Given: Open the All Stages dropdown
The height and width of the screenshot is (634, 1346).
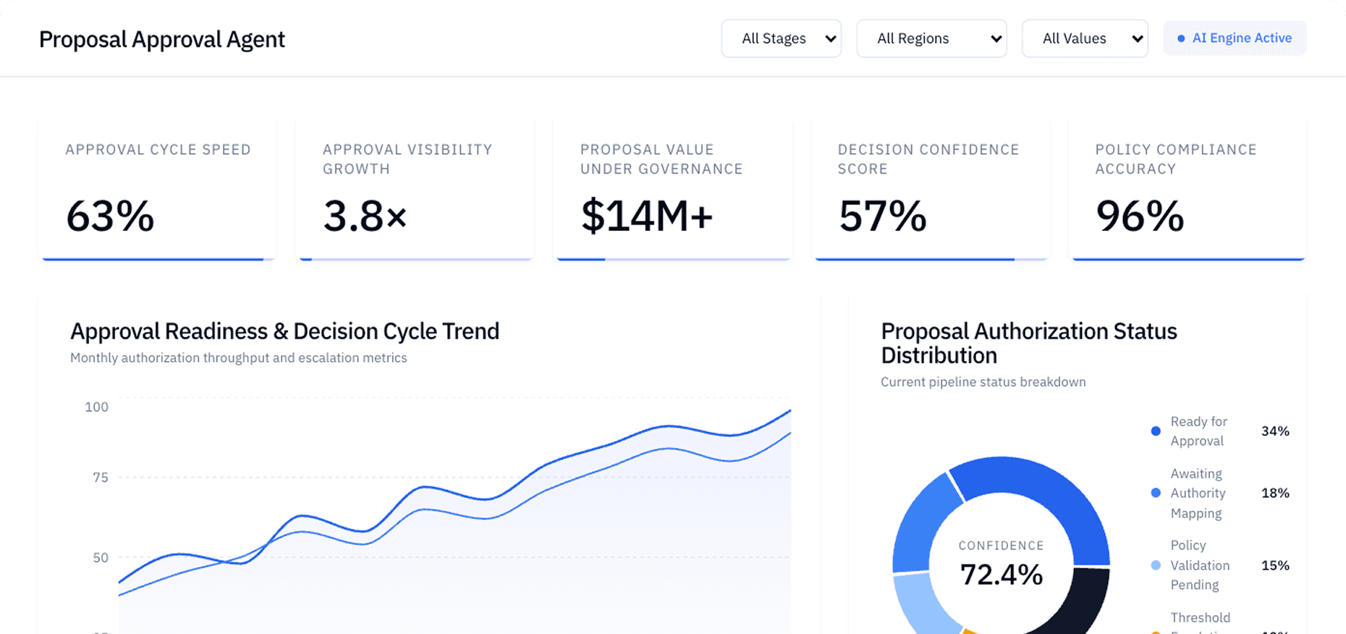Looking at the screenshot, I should click(781, 38).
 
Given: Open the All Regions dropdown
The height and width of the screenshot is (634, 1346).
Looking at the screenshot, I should click(931, 38).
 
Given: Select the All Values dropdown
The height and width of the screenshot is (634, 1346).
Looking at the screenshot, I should click(1085, 38).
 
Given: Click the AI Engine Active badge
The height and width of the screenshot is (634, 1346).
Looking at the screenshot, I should click(1235, 38).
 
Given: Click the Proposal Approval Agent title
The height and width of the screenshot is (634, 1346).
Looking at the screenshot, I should click(162, 39).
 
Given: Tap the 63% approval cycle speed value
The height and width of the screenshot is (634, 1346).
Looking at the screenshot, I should click(110, 216).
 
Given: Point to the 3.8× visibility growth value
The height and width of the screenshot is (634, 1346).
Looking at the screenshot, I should click(365, 216).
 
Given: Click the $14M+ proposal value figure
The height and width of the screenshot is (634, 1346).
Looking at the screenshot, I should click(646, 216).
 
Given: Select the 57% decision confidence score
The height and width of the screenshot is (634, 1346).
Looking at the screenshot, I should click(882, 216).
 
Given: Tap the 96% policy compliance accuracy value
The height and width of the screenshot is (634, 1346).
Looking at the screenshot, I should click(1140, 216).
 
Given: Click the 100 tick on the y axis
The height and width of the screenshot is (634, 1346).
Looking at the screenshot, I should click(96, 407).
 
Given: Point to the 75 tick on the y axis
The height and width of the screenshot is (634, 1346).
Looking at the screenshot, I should click(100, 477).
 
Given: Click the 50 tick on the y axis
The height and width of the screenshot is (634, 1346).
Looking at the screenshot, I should click(100, 557).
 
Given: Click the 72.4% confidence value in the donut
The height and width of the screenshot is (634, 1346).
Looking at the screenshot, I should click(1001, 575).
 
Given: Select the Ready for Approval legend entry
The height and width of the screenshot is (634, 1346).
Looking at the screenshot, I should click(1198, 431).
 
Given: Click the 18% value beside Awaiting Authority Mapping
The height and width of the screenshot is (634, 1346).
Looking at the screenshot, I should click(1275, 493).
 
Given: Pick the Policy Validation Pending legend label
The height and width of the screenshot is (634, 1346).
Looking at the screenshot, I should click(1199, 565).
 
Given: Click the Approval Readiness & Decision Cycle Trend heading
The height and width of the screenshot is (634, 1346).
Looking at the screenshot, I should click(284, 331).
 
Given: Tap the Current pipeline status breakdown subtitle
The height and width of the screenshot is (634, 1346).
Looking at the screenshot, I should click(983, 381).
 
